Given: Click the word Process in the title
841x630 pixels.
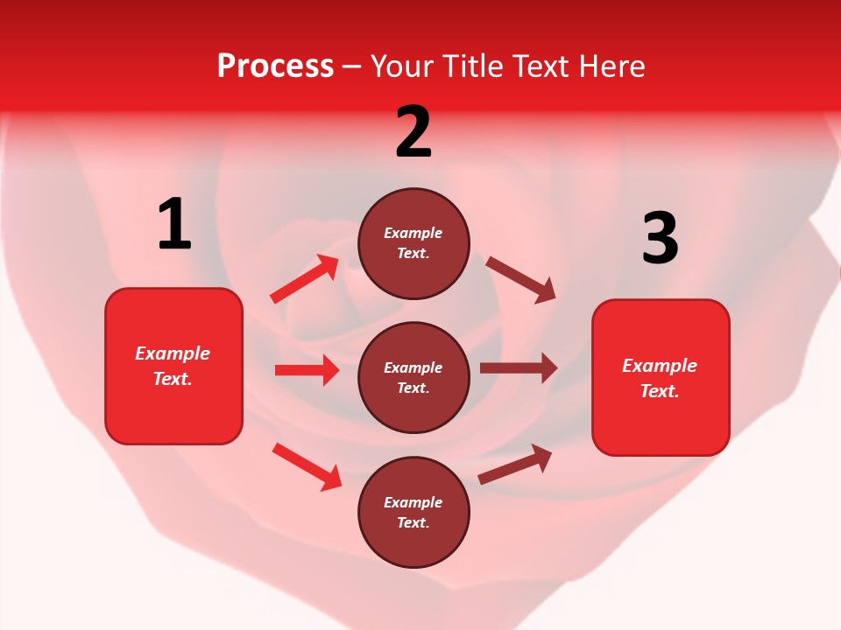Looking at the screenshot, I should (275, 66).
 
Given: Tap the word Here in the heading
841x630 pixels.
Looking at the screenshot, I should (610, 66).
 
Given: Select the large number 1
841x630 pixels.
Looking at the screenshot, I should (174, 225).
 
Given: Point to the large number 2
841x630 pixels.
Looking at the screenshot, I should (413, 132).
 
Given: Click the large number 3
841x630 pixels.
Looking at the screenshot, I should (660, 239).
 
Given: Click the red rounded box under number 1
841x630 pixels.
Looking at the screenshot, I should (173, 366).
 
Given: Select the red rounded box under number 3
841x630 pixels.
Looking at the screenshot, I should (661, 378).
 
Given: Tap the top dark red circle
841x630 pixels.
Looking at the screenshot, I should (413, 243).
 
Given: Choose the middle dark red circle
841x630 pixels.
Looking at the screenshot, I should (413, 378).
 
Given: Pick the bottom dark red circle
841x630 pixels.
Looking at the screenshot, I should (413, 513).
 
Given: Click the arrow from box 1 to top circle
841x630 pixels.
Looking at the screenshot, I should (305, 279).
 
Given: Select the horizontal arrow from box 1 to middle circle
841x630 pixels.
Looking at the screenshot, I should (307, 370).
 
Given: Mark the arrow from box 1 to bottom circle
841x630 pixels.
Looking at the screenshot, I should (307, 466).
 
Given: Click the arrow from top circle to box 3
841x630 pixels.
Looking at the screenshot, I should (520, 280).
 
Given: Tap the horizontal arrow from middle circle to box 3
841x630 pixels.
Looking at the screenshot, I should (518, 368).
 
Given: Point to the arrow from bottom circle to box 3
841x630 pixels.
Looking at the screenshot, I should (515, 465).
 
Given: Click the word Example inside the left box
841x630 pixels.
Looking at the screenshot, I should (173, 353).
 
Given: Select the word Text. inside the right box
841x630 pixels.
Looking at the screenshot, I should (660, 391).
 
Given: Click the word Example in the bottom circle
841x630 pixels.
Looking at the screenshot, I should (413, 502).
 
